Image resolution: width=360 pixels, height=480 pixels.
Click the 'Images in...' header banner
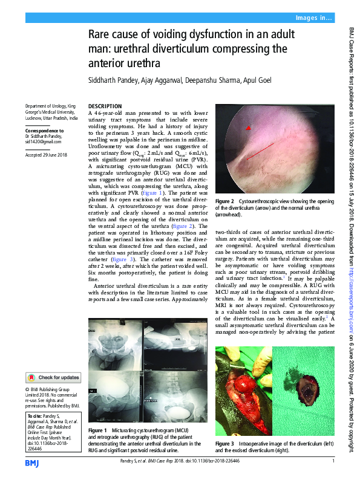(313, 18)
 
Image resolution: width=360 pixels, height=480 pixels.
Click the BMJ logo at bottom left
(31, 462)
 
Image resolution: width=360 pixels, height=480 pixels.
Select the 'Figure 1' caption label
(97, 430)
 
